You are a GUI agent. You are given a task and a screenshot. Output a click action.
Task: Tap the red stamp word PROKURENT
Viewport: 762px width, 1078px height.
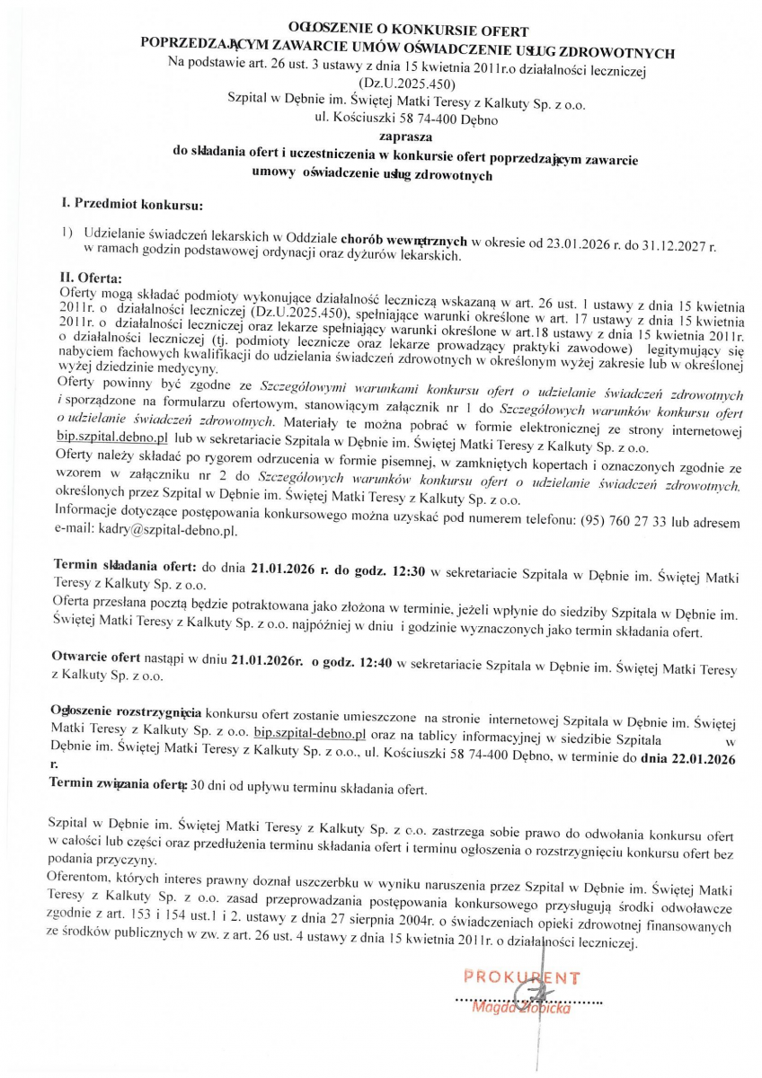click(x=522, y=977)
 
